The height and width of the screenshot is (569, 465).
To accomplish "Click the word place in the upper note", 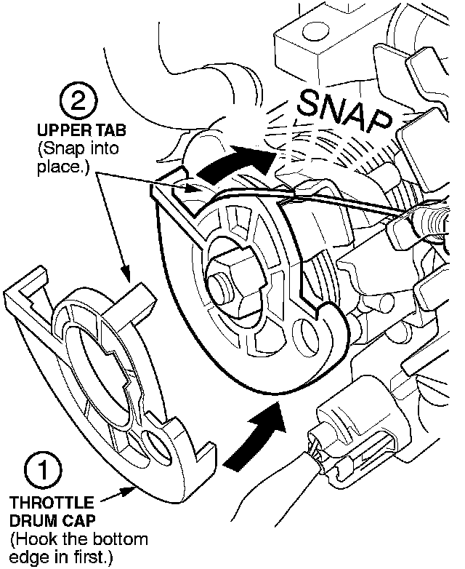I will click(56, 167).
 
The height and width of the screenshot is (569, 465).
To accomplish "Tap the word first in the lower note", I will click(95, 557).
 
